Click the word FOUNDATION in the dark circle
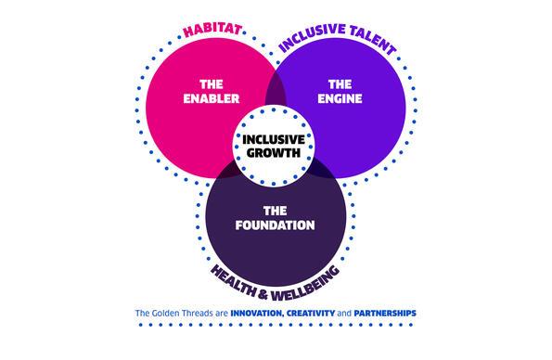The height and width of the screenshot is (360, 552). [276, 225]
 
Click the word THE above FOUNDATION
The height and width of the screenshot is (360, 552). [276, 209]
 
